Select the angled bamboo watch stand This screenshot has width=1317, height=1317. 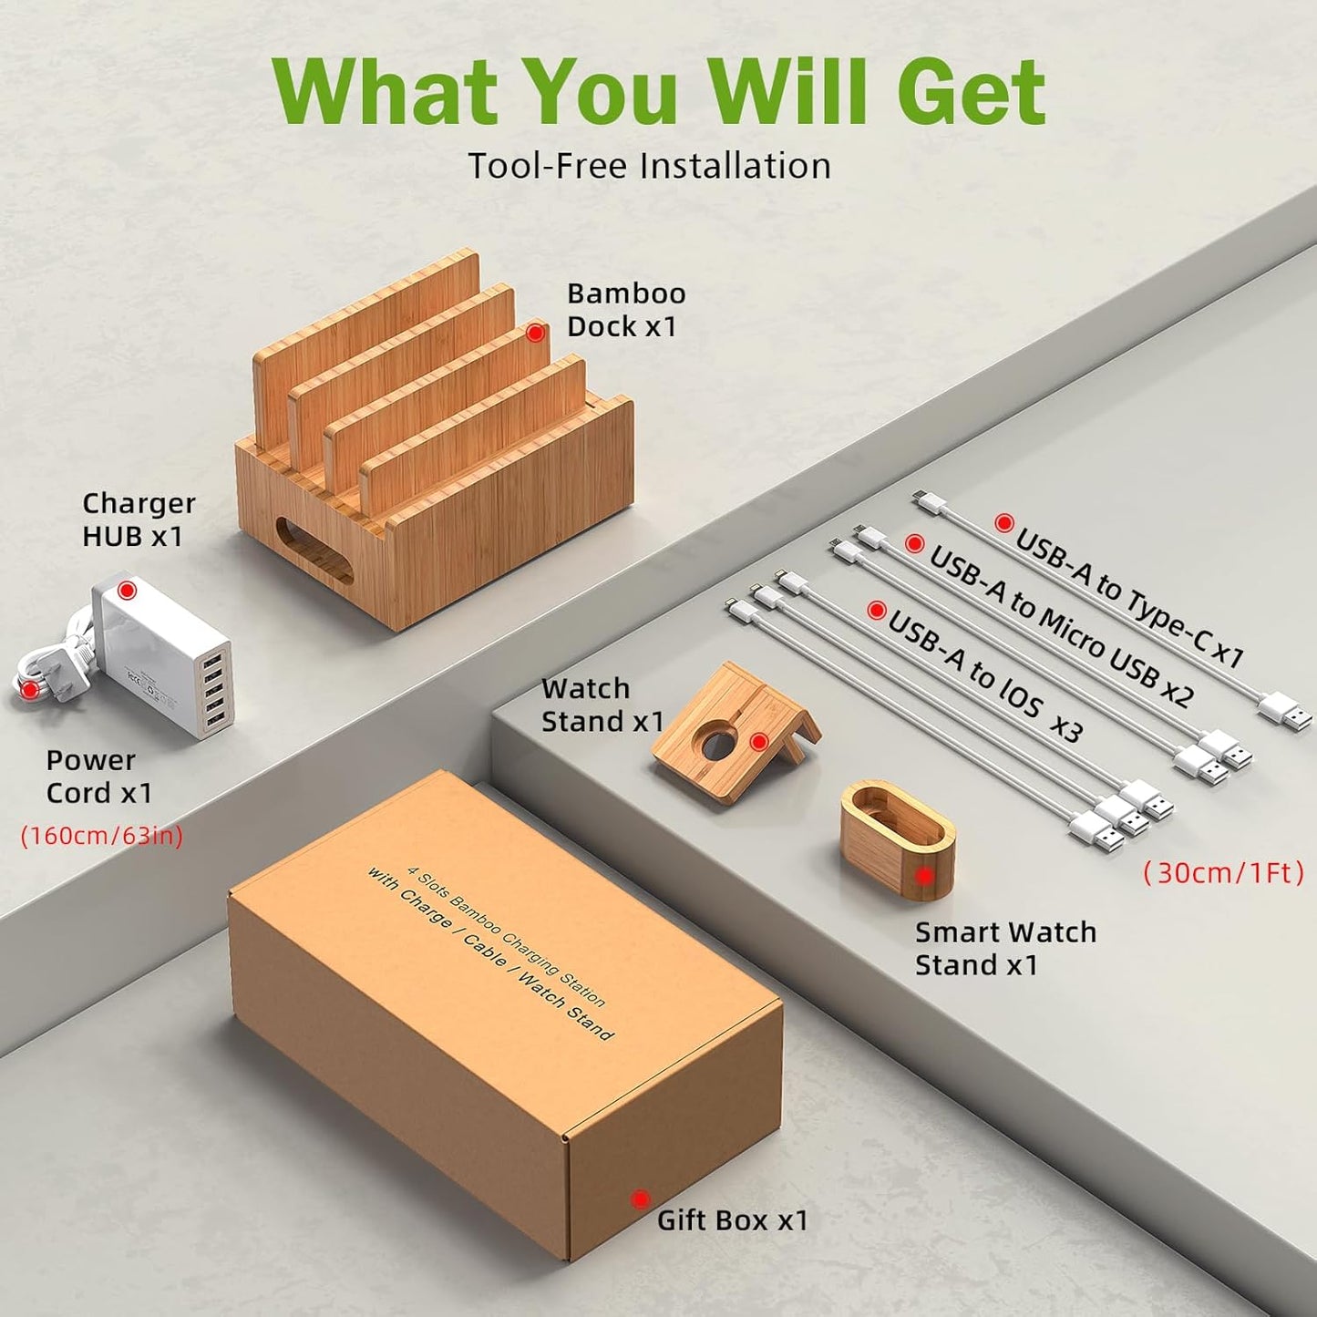point(734,736)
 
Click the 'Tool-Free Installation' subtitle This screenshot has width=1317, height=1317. point(649,166)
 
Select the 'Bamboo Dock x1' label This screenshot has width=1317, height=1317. point(626,310)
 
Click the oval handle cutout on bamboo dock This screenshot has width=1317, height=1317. point(315,550)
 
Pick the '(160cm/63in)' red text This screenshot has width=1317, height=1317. point(102,836)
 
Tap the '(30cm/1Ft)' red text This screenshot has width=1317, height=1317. point(1223,873)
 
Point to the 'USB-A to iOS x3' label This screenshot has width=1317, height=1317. point(984,671)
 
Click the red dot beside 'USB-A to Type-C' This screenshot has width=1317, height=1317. point(1003,523)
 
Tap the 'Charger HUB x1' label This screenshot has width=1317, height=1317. point(139,520)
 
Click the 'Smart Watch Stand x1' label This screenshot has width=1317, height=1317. point(1005,949)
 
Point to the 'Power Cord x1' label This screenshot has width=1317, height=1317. point(98,777)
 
